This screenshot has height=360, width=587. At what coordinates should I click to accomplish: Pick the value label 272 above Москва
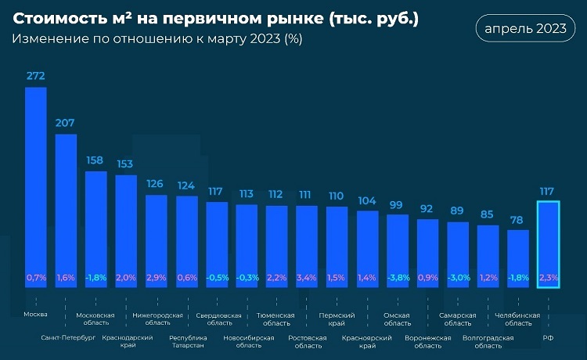[36, 76]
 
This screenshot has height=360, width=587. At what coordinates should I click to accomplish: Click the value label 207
[66, 123]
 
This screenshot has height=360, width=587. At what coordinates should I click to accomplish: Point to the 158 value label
[95, 160]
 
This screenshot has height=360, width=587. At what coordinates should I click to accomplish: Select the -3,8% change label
[398, 277]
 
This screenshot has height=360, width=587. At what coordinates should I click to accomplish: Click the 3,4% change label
[307, 277]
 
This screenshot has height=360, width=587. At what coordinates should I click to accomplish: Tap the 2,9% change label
[157, 277]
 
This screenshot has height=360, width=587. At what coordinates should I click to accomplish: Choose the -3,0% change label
[457, 277]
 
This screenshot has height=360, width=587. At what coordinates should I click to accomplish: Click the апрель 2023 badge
[524, 29]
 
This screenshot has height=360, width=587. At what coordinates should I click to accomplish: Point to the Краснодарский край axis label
[126, 342]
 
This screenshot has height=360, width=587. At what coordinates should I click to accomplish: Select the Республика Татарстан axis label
[186, 342]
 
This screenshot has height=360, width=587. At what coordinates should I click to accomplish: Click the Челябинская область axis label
[518, 319]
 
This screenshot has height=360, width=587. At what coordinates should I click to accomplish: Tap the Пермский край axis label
[337, 319]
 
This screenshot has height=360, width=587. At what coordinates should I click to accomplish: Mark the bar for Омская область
[398, 247]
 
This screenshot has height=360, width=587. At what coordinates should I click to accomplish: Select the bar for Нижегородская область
[157, 235]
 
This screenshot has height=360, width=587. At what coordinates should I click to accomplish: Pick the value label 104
[367, 200]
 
